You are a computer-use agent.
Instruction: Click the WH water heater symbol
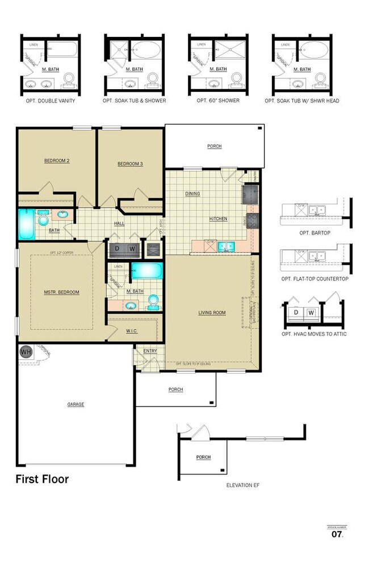click(26, 352)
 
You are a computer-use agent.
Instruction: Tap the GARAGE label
click(76, 405)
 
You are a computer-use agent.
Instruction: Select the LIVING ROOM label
click(212, 313)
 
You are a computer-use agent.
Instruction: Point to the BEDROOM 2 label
click(57, 161)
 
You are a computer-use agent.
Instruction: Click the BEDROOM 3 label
click(130, 164)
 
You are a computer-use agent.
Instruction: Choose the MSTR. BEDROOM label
click(61, 292)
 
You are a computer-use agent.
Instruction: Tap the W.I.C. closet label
click(132, 330)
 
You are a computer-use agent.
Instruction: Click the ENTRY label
click(150, 351)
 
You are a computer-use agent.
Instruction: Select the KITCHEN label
click(218, 219)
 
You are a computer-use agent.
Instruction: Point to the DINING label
click(192, 194)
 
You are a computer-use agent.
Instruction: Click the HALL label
click(119, 224)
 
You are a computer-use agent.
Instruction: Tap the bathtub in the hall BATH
click(27, 224)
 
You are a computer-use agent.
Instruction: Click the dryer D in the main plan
click(117, 249)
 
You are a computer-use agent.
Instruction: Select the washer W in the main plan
click(132, 249)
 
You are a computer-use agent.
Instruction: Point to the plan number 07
click(337, 534)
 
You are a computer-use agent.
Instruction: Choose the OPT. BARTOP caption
click(315, 233)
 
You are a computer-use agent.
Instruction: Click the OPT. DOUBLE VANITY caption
click(51, 101)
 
